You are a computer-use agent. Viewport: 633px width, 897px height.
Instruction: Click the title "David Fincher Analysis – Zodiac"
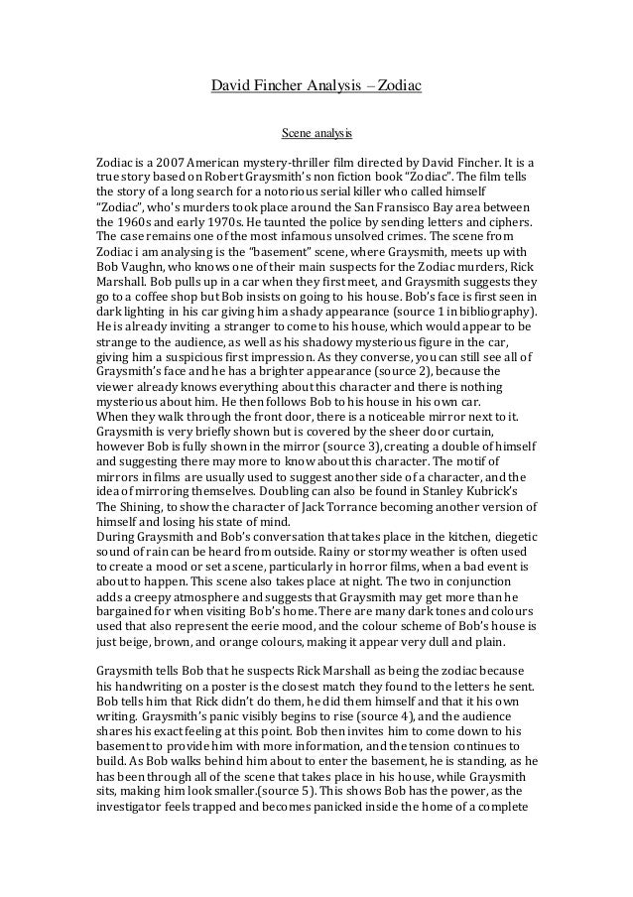coord(316,86)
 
